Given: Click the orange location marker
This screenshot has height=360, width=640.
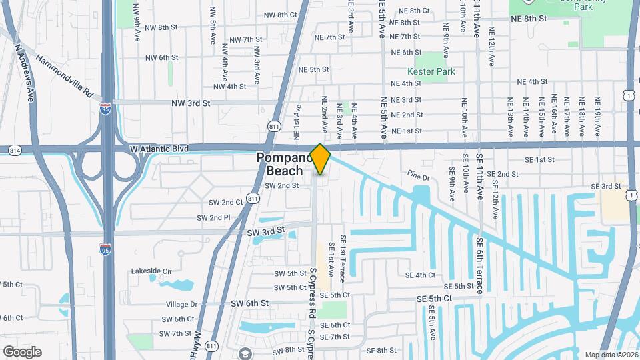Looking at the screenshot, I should (x=320, y=159).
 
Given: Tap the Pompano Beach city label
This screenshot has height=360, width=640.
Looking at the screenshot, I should (x=285, y=165).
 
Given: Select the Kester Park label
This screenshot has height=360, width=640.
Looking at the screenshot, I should (x=427, y=71).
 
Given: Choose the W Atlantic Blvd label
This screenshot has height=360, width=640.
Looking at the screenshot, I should (x=160, y=148).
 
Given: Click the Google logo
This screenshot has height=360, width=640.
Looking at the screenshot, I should (x=22, y=352).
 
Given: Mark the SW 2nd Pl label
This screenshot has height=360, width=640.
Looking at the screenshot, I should (x=213, y=218).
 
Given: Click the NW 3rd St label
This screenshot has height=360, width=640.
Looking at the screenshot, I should (x=190, y=103).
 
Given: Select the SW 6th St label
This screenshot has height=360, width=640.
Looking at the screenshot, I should (x=249, y=303).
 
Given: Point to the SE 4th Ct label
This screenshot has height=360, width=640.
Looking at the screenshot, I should (x=420, y=275).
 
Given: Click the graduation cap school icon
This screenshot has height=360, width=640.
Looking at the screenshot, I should (x=245, y=354).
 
